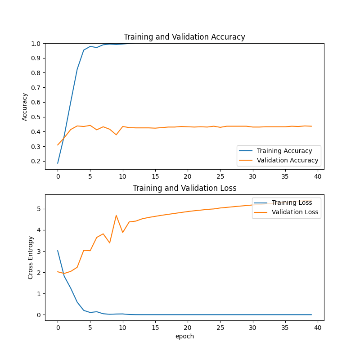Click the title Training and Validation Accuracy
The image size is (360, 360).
[x=184, y=37]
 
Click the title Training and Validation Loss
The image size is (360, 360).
[x=184, y=188]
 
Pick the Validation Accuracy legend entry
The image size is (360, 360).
[x=287, y=160]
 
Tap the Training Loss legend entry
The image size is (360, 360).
[x=292, y=202]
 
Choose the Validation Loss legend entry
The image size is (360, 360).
[x=295, y=212]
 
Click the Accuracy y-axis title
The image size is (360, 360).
[x=25, y=107]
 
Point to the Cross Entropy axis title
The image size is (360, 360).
[x=31, y=257]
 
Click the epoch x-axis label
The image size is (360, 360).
[x=184, y=336]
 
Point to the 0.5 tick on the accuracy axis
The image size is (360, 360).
[x=36, y=117]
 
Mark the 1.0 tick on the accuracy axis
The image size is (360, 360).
[x=36, y=44]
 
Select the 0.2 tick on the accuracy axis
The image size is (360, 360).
[x=36, y=161]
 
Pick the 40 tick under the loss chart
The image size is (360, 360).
[x=318, y=327]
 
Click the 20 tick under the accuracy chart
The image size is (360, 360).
[x=188, y=176]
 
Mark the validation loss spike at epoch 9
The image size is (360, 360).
[x=116, y=215]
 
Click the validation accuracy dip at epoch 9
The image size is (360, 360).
[x=116, y=135]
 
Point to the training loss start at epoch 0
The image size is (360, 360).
[x=58, y=251]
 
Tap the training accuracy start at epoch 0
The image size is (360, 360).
[x=58, y=163]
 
